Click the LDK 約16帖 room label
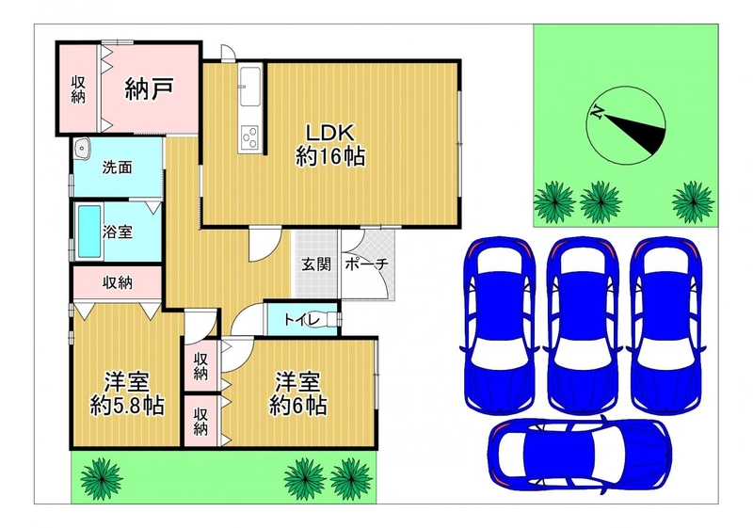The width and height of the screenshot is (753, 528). (330, 145)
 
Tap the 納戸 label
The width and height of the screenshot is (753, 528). (149, 88)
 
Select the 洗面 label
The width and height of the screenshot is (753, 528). (117, 168)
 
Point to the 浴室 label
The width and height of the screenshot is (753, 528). (118, 232)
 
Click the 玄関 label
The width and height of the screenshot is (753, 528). (316, 264)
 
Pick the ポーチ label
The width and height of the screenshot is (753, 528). (366, 264)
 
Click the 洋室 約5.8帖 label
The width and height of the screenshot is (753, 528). (127, 393)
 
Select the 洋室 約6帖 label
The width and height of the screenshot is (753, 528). (297, 393)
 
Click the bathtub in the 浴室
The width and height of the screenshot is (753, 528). (89, 232)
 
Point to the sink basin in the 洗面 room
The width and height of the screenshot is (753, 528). (83, 149)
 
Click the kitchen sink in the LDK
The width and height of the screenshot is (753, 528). (250, 86)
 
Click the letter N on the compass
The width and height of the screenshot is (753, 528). (598, 112)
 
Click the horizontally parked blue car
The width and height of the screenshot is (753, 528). (580, 452)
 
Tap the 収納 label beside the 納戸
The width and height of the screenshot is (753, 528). (78, 89)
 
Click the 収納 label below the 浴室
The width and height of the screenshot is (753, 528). (117, 283)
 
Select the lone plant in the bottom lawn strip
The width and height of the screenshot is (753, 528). (102, 478)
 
